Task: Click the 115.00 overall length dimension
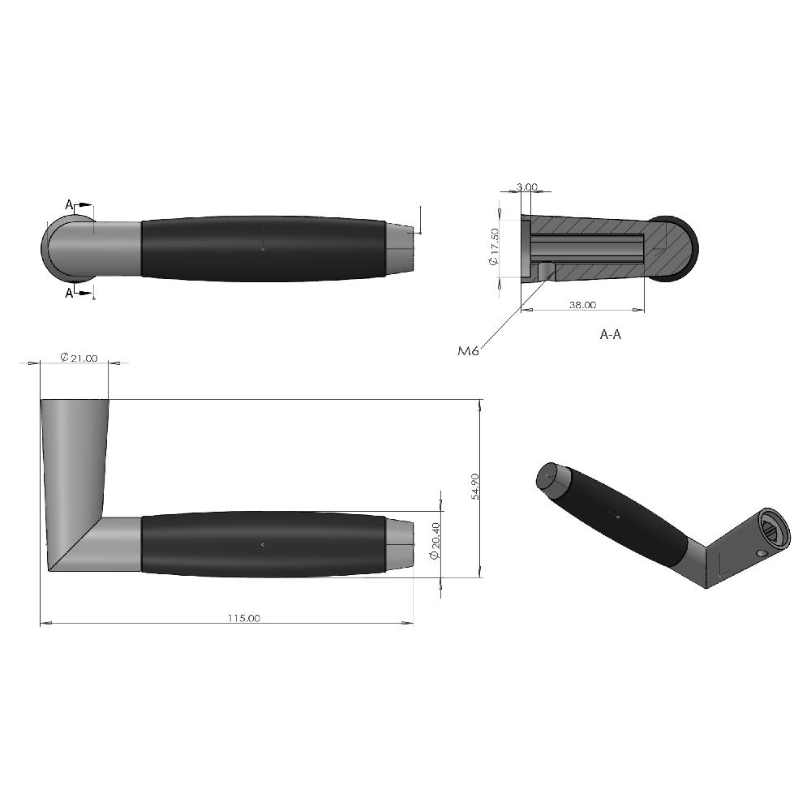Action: click(243, 617)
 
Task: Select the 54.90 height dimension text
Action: click(475, 486)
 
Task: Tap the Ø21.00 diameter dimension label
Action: click(79, 358)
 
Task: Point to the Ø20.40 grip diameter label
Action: click(435, 540)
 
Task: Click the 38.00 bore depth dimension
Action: click(582, 305)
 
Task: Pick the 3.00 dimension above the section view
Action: click(526, 187)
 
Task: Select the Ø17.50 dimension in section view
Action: click(494, 247)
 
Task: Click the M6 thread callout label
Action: click(468, 350)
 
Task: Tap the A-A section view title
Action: click(611, 335)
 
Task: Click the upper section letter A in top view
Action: click(69, 205)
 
